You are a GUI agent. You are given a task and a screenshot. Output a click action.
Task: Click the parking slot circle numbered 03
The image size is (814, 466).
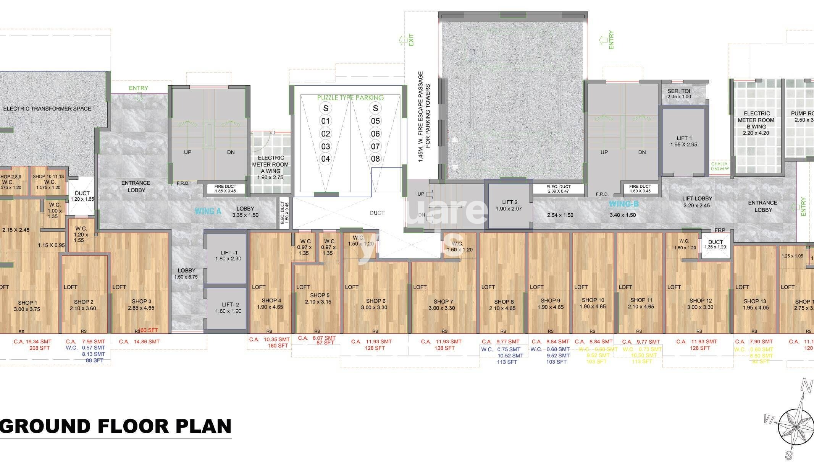[x=325, y=146]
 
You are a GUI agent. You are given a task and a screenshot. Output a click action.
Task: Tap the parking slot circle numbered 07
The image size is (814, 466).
[x=375, y=146]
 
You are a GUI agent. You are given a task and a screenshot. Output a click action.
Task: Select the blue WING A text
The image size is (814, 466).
[x=208, y=211]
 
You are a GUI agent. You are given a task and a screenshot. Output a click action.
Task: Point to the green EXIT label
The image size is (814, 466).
[x=411, y=40]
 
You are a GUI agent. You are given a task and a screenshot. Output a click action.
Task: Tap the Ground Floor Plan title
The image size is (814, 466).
[x=116, y=426]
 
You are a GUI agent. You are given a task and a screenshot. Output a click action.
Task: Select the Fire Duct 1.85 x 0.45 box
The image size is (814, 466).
[x=225, y=189]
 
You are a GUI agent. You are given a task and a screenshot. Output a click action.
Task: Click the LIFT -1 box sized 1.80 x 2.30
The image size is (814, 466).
[x=226, y=255]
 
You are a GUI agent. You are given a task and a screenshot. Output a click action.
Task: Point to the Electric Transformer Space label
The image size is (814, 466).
[x=47, y=109]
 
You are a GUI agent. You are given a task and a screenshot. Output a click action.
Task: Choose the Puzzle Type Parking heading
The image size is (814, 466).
[x=350, y=98]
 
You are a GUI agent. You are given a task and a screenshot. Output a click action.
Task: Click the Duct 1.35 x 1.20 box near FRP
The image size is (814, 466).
[x=715, y=245]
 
